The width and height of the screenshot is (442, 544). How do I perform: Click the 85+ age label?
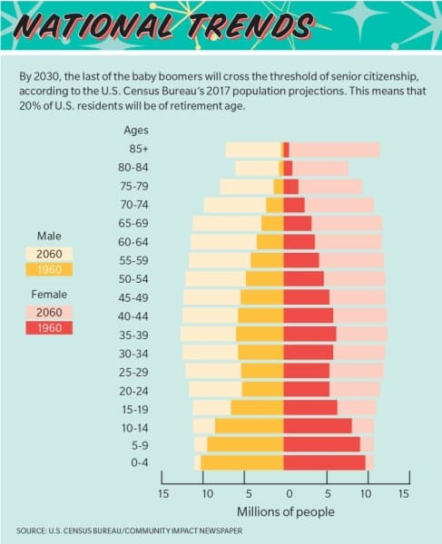[139, 149]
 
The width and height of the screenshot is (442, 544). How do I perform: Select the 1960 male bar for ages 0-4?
[242, 462]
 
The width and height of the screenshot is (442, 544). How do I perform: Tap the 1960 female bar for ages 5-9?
[321, 444]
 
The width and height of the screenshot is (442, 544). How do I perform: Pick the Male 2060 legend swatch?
[49, 254]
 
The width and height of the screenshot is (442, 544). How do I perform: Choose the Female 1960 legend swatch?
[49, 328]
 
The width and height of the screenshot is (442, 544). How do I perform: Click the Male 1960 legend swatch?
[49, 269]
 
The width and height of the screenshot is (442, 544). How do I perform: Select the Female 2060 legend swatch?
[49, 312]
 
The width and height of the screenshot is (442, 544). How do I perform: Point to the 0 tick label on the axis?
[290, 493]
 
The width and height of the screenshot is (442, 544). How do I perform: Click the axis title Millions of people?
[286, 511]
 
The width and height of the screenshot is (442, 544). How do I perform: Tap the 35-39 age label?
[133, 335]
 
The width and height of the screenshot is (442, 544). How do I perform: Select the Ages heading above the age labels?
[136, 131]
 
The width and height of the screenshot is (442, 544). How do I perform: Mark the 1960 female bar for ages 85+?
[286, 150]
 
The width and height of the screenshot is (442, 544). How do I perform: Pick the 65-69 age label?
[133, 223]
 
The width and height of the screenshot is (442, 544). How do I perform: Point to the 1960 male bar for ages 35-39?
[260, 334]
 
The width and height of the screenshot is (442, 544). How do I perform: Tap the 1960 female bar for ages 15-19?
[310, 407]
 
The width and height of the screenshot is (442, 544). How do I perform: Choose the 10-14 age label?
[135, 428]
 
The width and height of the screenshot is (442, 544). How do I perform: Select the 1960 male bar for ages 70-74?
[275, 205]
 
